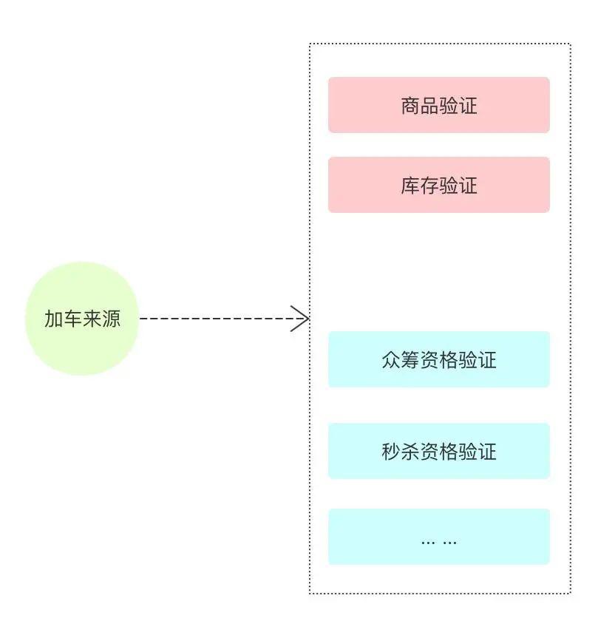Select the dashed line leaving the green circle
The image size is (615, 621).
214,319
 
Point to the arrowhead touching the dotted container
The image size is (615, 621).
301,319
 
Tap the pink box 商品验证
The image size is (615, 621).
438,105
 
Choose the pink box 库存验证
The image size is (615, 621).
438,185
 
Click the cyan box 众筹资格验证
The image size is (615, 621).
438,359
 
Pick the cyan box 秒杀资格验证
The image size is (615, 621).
438,451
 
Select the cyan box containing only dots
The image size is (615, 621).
438,537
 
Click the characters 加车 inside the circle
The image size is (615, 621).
63,319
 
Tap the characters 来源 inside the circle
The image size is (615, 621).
101,319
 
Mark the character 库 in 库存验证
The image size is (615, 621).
410,186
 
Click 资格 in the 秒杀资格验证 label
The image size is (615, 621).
439,452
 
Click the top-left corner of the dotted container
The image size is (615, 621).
310,44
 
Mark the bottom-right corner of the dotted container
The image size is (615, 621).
570,593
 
